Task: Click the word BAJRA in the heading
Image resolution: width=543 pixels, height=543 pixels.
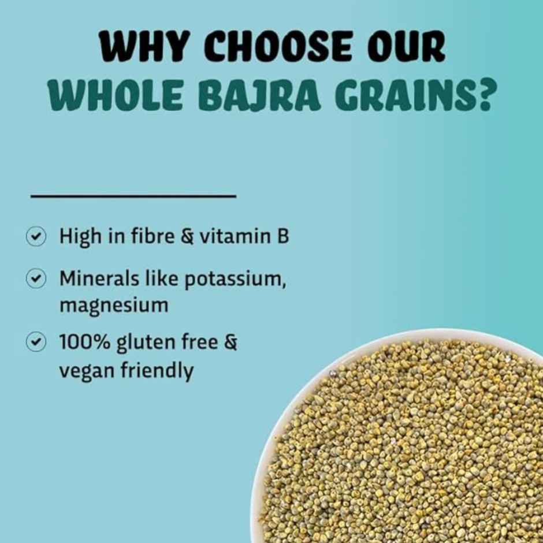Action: coord(259,96)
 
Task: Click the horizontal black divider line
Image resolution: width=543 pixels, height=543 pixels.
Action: coord(133,196)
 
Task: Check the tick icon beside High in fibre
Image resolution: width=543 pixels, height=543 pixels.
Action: coord(36,236)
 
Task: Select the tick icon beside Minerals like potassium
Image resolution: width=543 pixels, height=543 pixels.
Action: coord(36,278)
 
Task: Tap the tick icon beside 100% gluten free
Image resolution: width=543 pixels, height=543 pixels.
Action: coord(36,342)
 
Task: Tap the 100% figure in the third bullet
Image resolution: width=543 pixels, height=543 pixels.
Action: coord(85,342)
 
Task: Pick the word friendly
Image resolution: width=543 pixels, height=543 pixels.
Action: coord(157,370)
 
